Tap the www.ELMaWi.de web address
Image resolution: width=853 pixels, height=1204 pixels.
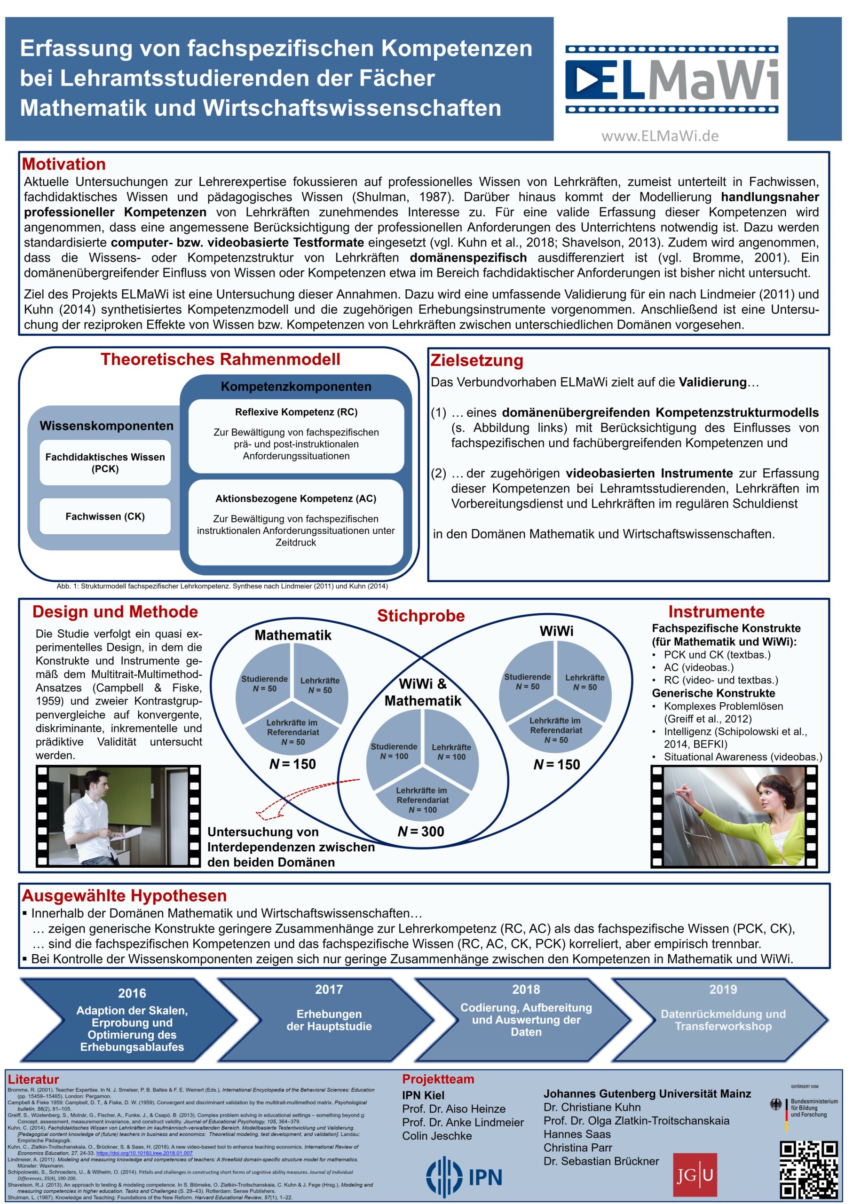pos(660,136)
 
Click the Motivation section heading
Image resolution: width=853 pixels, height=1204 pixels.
pos(63,164)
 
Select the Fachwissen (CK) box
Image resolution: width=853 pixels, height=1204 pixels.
pos(105,516)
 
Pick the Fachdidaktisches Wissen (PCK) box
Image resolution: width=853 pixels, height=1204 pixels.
pos(105,463)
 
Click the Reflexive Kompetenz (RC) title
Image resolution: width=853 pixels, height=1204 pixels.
pos(296,412)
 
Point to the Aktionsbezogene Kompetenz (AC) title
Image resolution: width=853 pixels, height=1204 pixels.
pos(296,499)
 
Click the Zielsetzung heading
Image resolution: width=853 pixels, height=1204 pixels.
pos(477,360)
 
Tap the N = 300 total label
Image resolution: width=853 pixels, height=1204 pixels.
pos(421,832)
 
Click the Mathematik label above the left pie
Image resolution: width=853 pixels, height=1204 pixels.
pos(292,635)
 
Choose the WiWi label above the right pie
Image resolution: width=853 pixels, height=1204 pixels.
pos(556,631)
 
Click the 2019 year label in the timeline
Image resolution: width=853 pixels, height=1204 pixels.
pos(723,990)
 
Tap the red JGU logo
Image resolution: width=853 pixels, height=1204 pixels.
pos(695,1174)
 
